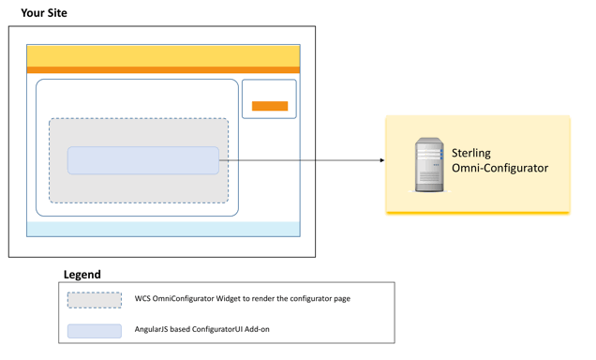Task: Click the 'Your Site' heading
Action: click(x=44, y=13)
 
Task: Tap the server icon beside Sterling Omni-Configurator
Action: click(x=428, y=166)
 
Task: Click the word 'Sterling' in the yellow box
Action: click(x=471, y=153)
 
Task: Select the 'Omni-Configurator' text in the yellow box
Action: click(x=499, y=169)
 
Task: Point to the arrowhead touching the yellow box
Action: click(x=381, y=160)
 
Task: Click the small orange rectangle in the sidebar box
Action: click(x=270, y=106)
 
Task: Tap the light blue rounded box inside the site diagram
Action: click(x=142, y=160)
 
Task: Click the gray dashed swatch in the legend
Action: click(x=94, y=300)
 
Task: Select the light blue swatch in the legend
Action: click(x=94, y=330)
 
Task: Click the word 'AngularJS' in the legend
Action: click(x=155, y=330)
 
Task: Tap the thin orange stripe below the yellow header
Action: click(x=163, y=70)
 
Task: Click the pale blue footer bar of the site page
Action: click(x=163, y=229)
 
